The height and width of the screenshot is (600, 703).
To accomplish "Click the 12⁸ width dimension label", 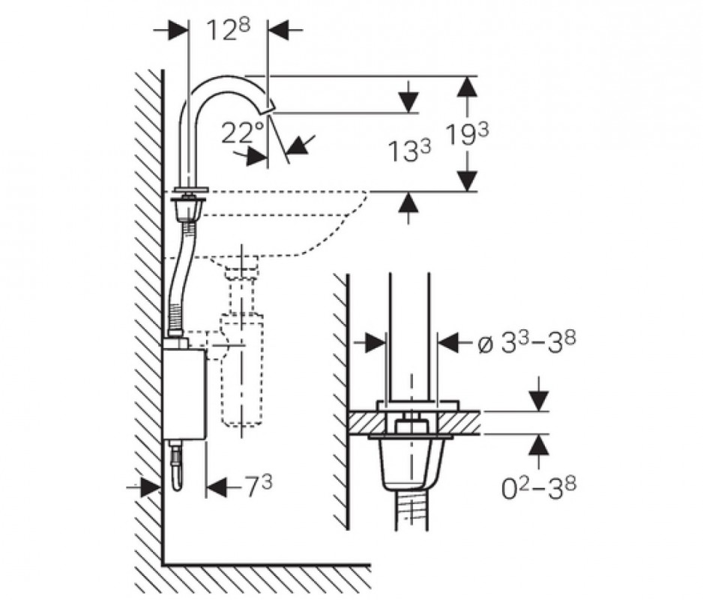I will pyautogui.click(x=228, y=31).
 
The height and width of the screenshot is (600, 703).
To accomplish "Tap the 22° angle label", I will pyautogui.click(x=243, y=133).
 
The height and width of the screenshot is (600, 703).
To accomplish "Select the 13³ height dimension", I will pyautogui.click(x=410, y=151).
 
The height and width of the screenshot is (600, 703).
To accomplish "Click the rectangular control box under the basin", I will pyautogui.click(x=184, y=390).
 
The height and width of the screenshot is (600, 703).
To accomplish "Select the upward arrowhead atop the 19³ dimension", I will pyautogui.click(x=467, y=85).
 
